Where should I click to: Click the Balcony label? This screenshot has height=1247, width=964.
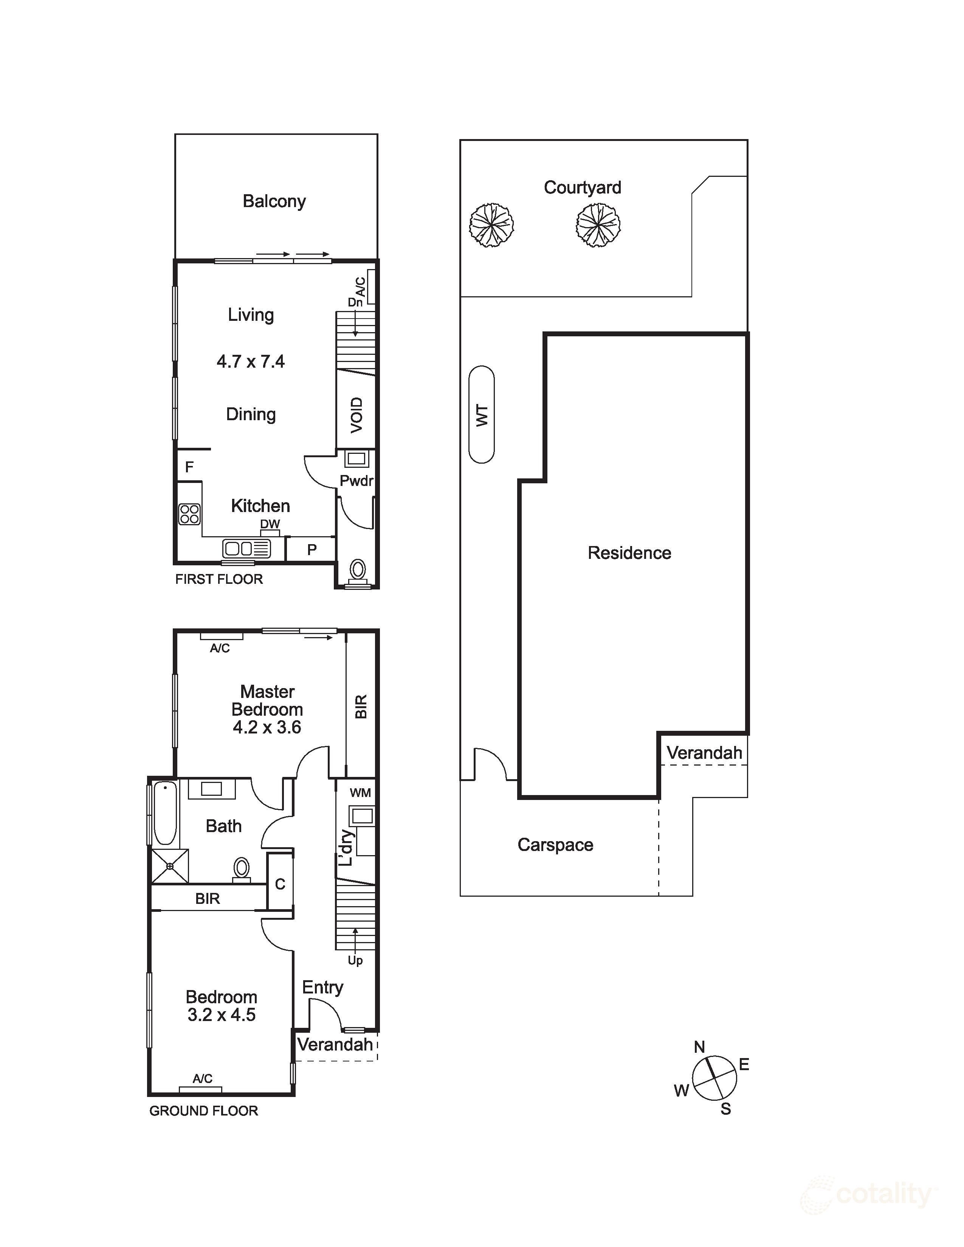274,201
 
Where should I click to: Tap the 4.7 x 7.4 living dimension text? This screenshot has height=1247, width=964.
251,361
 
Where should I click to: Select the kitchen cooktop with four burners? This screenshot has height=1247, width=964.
189,514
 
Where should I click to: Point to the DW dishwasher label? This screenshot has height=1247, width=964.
270,524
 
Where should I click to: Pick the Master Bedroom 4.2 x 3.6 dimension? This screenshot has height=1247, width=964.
267,727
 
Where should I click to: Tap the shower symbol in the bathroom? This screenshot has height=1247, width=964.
170,866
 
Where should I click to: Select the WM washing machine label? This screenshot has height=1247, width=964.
360,792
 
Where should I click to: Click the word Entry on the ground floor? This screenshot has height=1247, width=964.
323,987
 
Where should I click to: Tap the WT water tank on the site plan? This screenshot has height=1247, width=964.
481,415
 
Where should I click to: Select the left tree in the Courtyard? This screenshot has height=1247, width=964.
491,225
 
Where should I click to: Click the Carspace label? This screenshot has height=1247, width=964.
555,845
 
